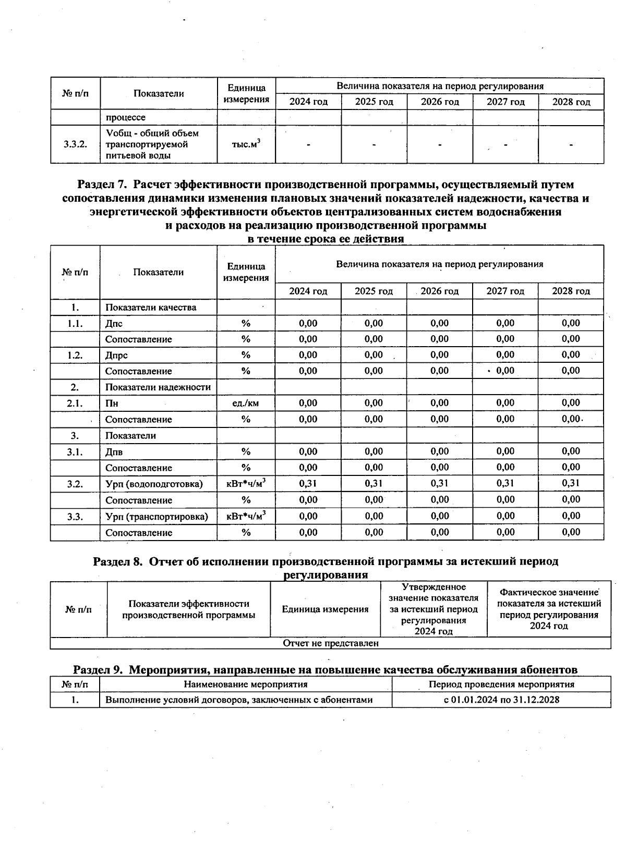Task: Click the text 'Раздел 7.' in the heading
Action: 102,185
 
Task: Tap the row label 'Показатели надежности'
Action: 158,387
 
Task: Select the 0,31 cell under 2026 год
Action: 440,483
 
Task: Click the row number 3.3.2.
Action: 75,144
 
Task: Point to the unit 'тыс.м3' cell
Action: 246,144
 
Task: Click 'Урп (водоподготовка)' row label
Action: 154,484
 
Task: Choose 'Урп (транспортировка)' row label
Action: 156,516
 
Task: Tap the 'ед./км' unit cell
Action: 246,403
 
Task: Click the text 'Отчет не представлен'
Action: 330,643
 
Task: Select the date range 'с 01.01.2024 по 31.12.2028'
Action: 501,700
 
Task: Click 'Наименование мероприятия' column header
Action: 245,684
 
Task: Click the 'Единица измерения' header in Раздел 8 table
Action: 325,609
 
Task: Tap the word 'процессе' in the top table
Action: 125,117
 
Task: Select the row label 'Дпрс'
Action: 116,355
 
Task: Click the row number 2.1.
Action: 75,403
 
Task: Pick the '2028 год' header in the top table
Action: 571,102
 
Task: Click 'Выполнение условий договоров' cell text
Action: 239,700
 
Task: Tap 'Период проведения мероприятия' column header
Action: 501,684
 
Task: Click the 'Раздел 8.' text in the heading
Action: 117,561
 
